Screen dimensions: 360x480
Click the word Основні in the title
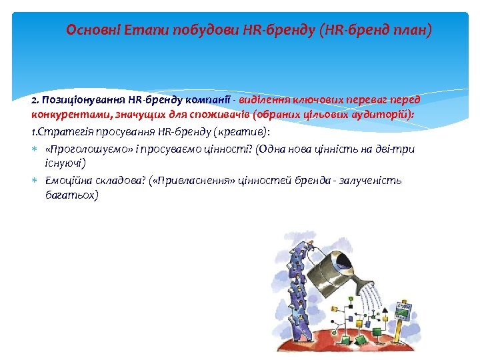coord(89,31)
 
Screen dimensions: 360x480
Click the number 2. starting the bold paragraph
coord(35,100)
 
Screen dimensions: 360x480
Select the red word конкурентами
coord(61,114)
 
